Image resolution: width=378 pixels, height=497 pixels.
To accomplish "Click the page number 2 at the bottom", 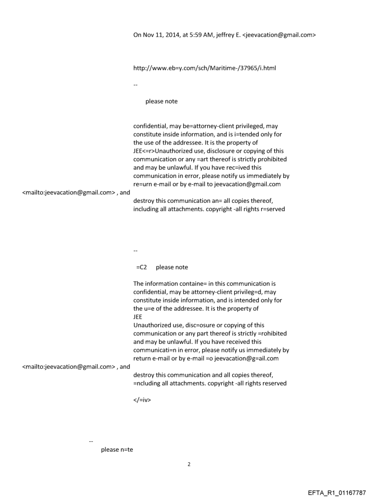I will click(x=189, y=464).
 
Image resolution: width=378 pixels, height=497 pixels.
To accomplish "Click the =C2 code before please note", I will click(x=141, y=267).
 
